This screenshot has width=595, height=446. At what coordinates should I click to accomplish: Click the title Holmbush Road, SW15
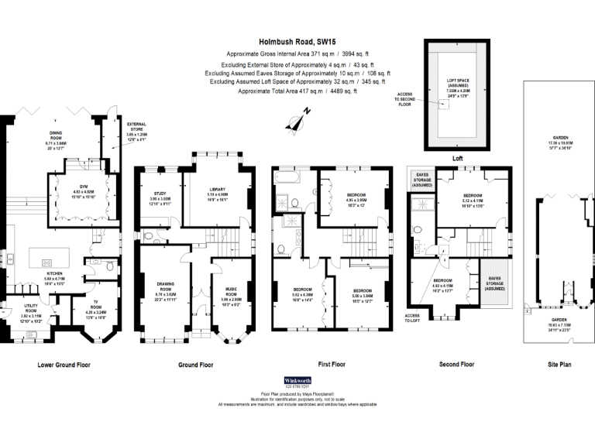[x=297, y=43]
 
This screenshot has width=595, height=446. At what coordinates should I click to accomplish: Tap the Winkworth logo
[x=297, y=382]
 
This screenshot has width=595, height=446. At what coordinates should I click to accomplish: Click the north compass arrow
[x=297, y=120]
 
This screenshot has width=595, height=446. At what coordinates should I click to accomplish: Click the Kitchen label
[x=56, y=276]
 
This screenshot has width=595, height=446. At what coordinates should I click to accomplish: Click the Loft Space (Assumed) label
[x=458, y=81]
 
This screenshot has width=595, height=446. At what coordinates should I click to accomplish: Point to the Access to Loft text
[x=412, y=318]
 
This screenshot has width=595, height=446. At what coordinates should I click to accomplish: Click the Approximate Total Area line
[x=297, y=91]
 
